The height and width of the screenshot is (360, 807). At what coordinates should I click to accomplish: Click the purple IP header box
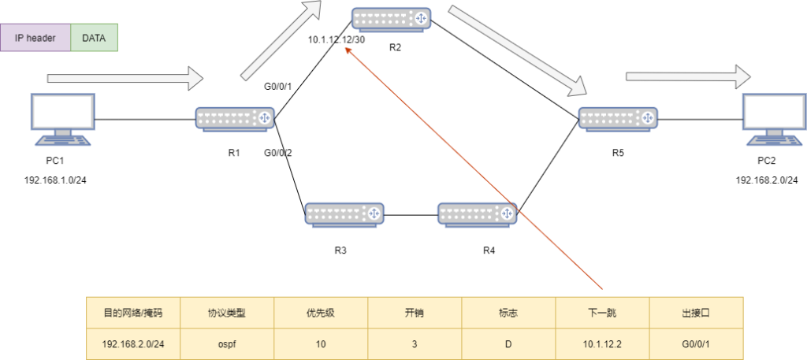click(x=35, y=38)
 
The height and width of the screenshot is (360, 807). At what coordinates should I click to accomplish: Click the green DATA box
click(x=94, y=38)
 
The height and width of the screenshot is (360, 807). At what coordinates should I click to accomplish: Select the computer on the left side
click(x=62, y=119)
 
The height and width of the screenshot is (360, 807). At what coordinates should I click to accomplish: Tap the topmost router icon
click(x=392, y=19)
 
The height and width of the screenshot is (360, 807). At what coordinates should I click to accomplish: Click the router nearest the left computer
click(x=235, y=118)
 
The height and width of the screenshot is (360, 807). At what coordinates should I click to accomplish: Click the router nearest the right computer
click(x=619, y=118)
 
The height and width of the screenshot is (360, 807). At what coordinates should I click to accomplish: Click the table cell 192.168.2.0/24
click(x=133, y=343)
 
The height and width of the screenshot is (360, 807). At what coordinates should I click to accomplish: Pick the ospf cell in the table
click(x=227, y=343)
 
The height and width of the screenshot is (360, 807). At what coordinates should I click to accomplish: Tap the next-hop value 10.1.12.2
click(x=602, y=343)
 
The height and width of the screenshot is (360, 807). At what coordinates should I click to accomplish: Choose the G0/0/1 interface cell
click(x=696, y=343)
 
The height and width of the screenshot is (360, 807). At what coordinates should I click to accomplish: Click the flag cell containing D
click(x=508, y=343)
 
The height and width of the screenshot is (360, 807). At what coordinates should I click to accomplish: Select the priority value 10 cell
click(x=321, y=343)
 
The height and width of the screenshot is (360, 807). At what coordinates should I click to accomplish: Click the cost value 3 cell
click(x=415, y=343)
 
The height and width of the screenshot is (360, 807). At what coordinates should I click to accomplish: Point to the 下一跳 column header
click(x=602, y=313)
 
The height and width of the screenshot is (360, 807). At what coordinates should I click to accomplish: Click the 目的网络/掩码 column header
click(x=133, y=313)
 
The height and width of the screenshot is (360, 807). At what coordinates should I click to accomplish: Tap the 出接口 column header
click(x=696, y=313)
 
